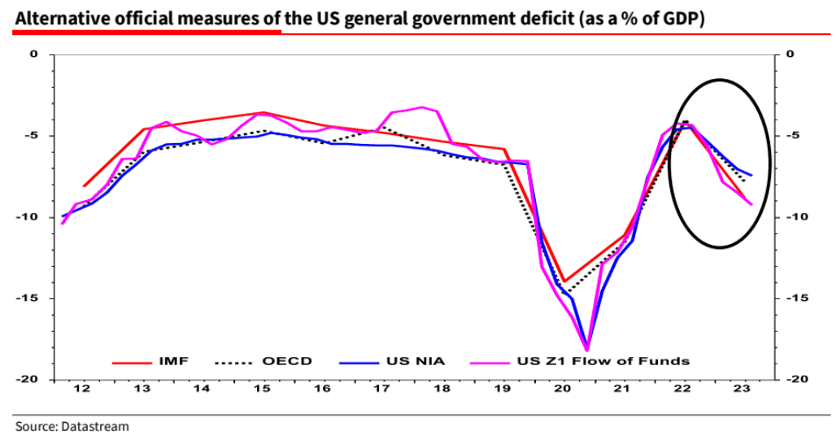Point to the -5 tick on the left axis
click(x=33, y=136)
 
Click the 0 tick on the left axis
click(x=34, y=54)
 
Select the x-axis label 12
click(x=81, y=389)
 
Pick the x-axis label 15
click(x=262, y=389)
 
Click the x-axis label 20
click(x=563, y=389)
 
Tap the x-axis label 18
click(x=442, y=389)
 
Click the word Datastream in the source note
click(x=99, y=425)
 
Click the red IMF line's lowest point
click(x=564, y=281)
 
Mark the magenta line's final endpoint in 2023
click(x=751, y=204)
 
